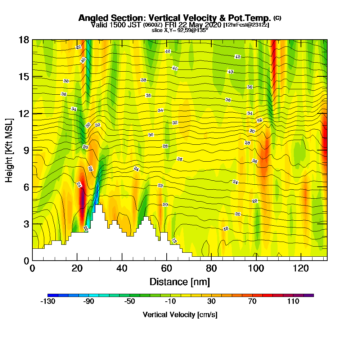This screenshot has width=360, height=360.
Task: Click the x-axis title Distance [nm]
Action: (180, 281)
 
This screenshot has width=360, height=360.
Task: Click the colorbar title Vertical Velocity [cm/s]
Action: (180, 315)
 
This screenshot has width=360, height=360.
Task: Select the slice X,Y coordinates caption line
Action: (180, 30)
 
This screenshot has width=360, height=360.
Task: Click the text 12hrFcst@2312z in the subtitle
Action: (246, 25)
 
